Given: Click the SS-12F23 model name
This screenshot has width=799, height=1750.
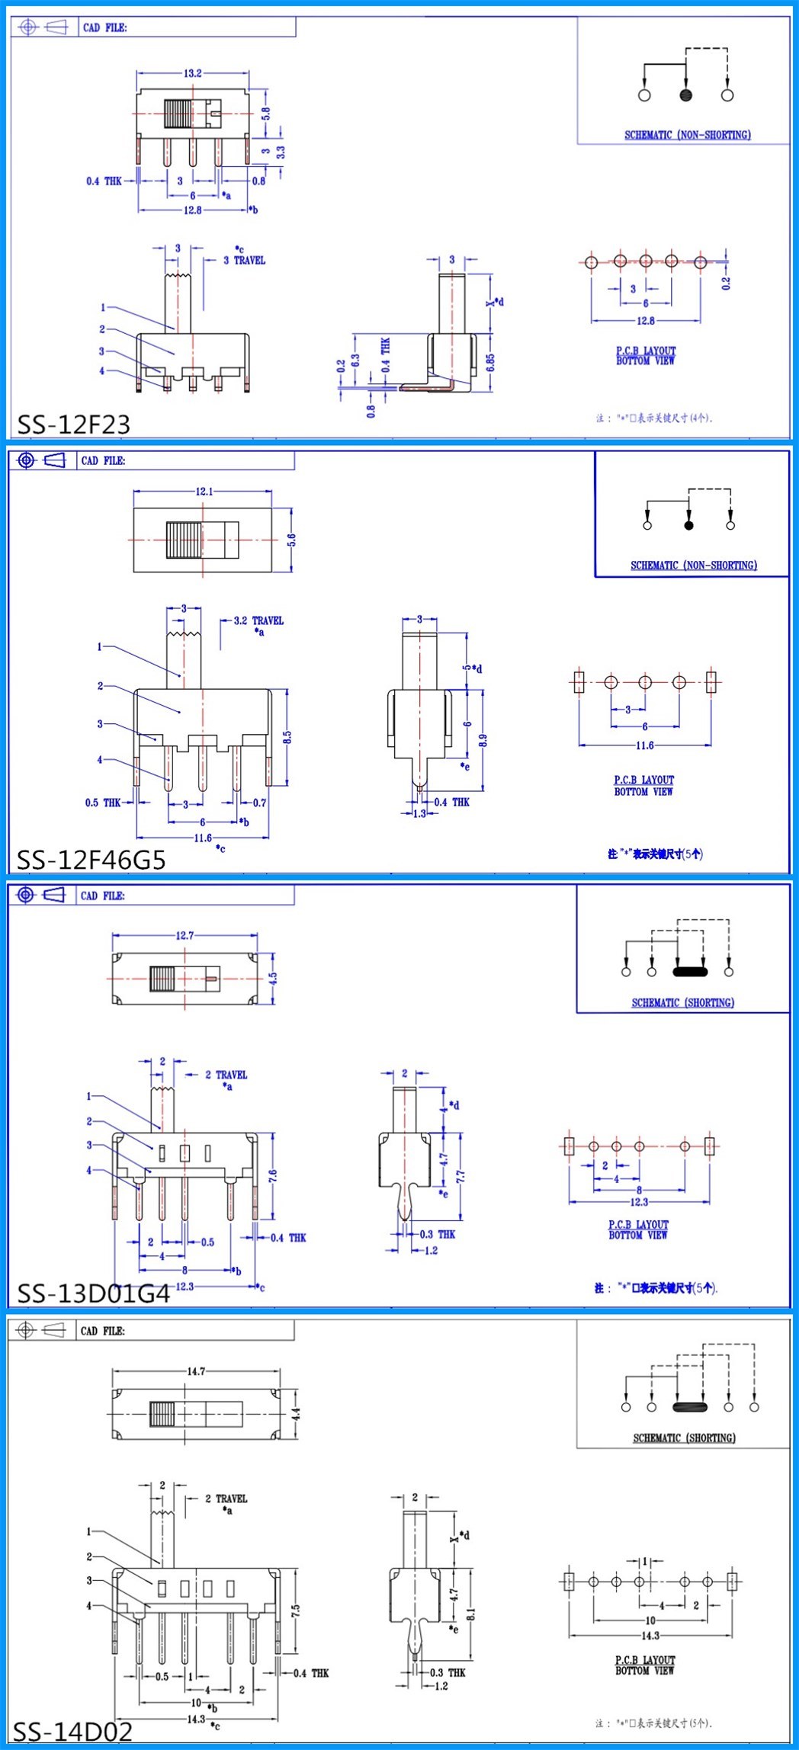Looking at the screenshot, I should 74,424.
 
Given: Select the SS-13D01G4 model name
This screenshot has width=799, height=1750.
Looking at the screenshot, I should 94,1293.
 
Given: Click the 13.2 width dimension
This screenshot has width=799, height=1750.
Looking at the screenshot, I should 192,73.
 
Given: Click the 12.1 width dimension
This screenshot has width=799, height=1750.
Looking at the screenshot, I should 204,492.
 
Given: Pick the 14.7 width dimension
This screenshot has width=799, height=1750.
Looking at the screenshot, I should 196,1371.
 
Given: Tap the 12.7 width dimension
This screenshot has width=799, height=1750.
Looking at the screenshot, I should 185,935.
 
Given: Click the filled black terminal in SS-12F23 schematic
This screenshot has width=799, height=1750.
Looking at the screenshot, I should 685,95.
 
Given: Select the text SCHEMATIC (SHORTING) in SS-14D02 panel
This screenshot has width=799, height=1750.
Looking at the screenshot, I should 684,1437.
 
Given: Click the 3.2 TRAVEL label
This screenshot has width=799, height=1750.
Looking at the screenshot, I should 258,620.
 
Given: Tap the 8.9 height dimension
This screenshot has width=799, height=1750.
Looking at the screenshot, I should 483,739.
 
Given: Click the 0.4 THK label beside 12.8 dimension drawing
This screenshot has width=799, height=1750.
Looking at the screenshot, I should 104,181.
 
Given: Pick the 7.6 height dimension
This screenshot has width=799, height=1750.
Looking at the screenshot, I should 273,1175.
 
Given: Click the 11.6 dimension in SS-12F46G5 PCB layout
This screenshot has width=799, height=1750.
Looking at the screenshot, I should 644,745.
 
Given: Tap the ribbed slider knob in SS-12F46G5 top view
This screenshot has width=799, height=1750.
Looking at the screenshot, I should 184,540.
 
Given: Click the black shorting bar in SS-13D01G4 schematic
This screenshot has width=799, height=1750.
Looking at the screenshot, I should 690,972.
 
